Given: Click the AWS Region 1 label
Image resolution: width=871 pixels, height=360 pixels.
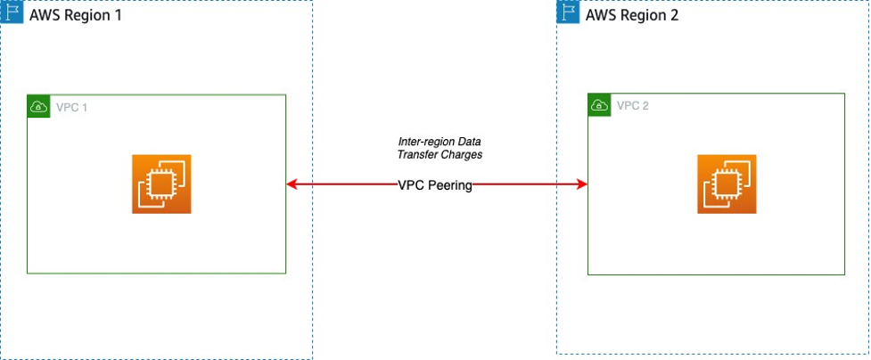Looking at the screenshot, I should tap(75, 15).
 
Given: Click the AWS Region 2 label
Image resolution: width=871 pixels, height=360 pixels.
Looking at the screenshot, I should tap(632, 15).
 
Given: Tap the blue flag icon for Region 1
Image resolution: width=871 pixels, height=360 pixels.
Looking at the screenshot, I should tap(12, 13).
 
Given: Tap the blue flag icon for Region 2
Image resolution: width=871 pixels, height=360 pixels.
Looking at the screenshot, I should tap(568, 12).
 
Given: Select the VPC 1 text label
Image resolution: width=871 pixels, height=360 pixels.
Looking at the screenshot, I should tap(71, 107).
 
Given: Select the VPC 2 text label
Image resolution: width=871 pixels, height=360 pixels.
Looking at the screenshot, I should tap(632, 105).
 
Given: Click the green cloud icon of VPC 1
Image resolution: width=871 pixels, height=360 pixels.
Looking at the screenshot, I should tap(38, 106).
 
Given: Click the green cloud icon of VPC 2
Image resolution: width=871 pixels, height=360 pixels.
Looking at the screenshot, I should tap(599, 105).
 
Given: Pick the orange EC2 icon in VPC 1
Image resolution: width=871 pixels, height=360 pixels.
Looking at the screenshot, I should tap(161, 184).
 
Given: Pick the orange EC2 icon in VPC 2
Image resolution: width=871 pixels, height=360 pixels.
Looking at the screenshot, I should tap(726, 184).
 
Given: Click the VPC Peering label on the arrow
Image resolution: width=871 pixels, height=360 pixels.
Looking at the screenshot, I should tap(435, 185).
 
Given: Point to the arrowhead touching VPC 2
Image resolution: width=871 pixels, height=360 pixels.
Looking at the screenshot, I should tap(581, 184).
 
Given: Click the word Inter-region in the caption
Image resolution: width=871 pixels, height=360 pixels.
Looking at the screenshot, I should tap(423, 143).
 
